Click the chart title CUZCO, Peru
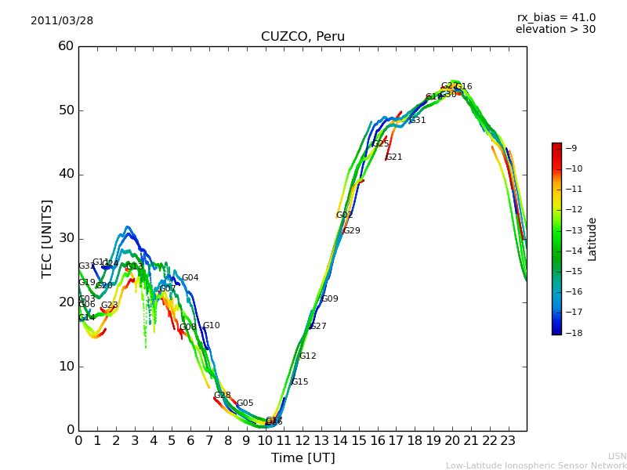click(x=303, y=37)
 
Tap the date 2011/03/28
click(x=62, y=21)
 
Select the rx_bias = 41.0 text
click(x=556, y=18)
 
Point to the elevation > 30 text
click(x=555, y=30)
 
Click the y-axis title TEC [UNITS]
click(x=47, y=238)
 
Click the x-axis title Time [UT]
click(x=303, y=458)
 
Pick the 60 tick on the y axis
click(x=66, y=46)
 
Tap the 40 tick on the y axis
click(x=66, y=174)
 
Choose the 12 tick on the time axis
click(x=303, y=440)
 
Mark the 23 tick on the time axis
click(x=508, y=440)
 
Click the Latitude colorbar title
click(x=593, y=238)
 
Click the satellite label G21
click(x=393, y=157)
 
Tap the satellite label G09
click(x=330, y=299)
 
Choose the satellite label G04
click(x=190, y=278)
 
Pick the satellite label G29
click(x=352, y=231)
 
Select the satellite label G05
click(x=245, y=403)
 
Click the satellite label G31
click(x=418, y=121)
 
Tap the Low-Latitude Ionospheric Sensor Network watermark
click(x=536, y=466)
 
